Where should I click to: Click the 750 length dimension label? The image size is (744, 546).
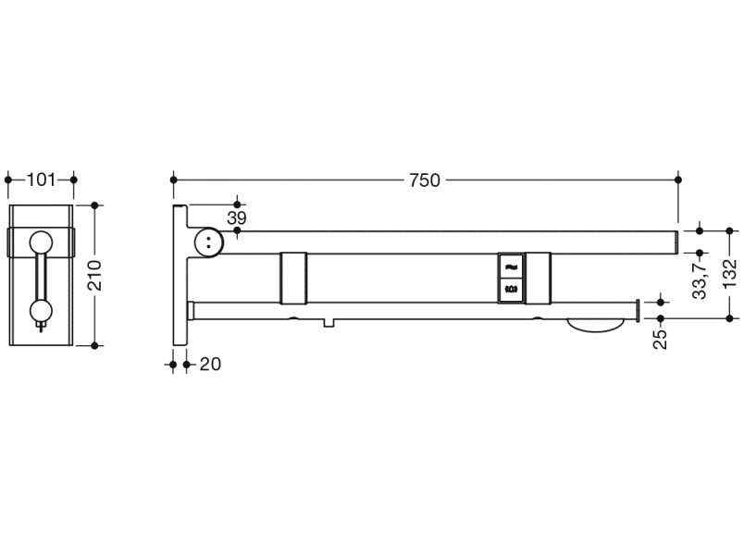[425, 180]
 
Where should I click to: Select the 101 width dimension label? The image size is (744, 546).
[41, 180]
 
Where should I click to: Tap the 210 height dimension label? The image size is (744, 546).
[95, 276]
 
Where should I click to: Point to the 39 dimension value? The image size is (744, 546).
[236, 218]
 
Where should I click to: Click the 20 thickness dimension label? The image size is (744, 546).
[210, 365]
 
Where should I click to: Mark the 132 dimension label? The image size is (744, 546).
[731, 273]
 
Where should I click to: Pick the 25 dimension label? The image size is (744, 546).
[660, 339]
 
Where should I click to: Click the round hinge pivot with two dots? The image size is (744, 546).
[209, 242]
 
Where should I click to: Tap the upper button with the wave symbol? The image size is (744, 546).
[511, 267]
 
